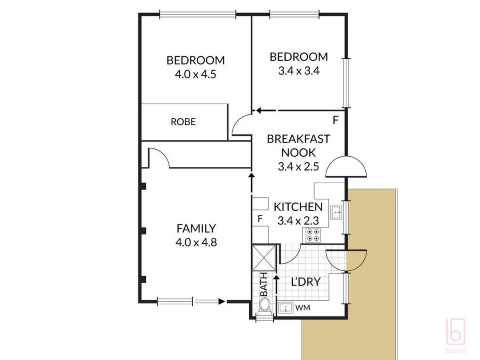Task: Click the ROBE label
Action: coord(183,122)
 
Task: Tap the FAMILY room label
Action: coord(196,228)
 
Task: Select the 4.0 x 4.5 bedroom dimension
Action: coord(196,74)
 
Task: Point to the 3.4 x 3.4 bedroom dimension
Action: coord(299,71)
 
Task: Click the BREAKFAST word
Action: coord(298,139)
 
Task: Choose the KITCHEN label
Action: coord(298,207)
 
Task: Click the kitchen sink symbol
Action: coord(336,212)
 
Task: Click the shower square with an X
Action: coord(264,258)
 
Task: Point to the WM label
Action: coord(303,308)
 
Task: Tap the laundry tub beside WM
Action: coord(286,308)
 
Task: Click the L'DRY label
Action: coord(306,282)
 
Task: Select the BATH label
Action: coord(264,284)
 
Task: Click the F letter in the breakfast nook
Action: coord(336,120)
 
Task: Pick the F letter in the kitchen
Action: coord(260,218)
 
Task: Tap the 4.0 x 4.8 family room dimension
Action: coord(196,242)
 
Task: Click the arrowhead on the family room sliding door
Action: coord(222,302)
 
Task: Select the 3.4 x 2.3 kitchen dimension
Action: coord(298,220)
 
